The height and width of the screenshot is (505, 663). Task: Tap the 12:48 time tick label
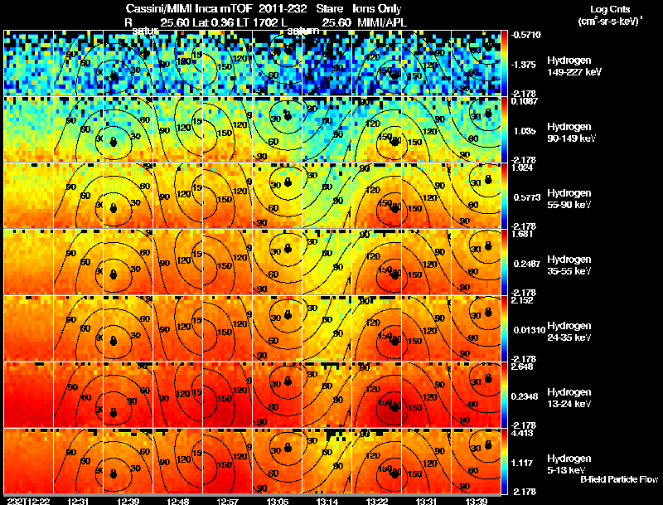179,501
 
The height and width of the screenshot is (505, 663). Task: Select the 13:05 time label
279,501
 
